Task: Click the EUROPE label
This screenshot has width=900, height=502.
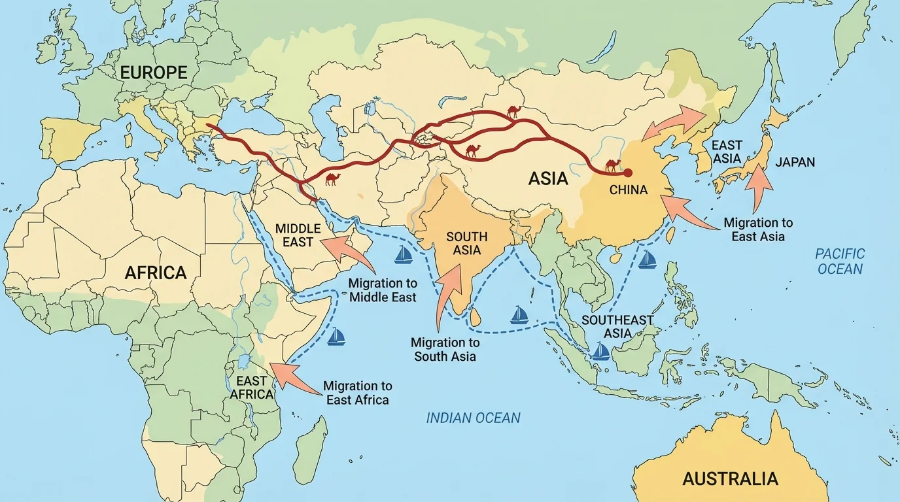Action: tap(153, 72)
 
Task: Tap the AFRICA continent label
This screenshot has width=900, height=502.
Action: tap(156, 273)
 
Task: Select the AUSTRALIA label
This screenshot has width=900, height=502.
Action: tap(730, 478)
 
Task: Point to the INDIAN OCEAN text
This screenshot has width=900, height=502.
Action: tap(474, 418)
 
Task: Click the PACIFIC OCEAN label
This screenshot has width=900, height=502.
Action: tap(840, 261)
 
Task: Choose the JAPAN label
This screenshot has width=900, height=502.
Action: tap(795, 161)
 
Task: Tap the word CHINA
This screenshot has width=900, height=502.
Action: tap(628, 190)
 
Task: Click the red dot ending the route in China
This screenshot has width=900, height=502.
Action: tap(628, 173)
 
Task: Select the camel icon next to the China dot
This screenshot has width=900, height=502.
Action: tap(613, 165)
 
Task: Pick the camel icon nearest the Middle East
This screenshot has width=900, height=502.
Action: tap(332, 178)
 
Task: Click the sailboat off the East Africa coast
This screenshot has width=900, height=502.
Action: tap(336, 337)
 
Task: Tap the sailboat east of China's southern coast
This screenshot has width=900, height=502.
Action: tap(647, 259)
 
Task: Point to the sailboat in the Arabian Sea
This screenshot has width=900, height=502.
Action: tap(403, 254)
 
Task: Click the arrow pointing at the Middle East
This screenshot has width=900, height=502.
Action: tap(347, 251)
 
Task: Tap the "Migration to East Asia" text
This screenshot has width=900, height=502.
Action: tap(758, 230)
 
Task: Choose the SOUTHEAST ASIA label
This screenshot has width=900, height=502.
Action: tap(617, 326)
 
